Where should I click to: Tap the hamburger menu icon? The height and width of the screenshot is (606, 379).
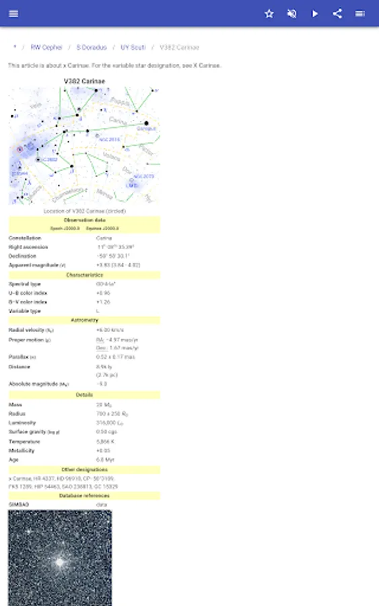(x=13, y=13)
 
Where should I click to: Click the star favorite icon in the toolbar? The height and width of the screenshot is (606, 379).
(x=269, y=13)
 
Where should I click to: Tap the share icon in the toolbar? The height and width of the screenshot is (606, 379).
(x=337, y=13)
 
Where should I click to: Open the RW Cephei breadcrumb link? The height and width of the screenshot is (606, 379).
(x=46, y=48)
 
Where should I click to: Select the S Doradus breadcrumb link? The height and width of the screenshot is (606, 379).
(x=91, y=48)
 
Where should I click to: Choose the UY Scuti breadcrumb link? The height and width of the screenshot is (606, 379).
(x=133, y=48)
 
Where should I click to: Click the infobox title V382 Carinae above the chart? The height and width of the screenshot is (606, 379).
(x=84, y=81)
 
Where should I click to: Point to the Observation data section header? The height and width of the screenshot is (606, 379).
(x=84, y=220)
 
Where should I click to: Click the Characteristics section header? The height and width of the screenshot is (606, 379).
(x=84, y=275)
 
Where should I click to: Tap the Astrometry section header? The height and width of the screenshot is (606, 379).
(x=84, y=320)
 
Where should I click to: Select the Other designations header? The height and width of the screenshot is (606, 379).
(x=84, y=469)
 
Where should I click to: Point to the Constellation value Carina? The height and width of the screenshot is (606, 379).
(x=104, y=238)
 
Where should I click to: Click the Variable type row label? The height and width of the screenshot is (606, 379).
(x=25, y=311)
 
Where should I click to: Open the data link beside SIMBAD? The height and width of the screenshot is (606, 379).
(x=102, y=504)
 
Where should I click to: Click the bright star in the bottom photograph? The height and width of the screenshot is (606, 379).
(x=61, y=562)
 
